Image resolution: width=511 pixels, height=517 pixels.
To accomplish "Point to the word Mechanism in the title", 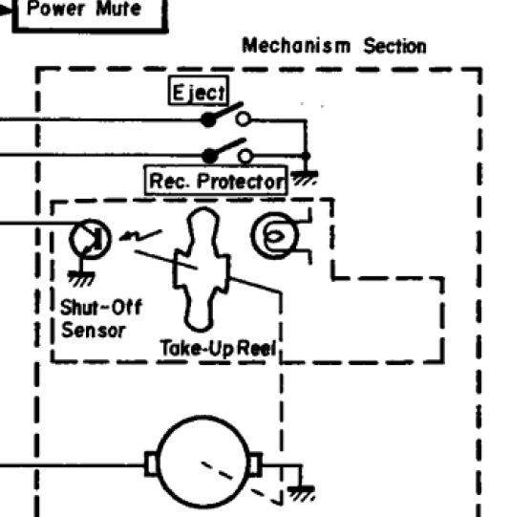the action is (x=296, y=46).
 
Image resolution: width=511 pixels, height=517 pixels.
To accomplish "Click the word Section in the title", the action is (x=394, y=46).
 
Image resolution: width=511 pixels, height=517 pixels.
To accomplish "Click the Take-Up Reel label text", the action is (x=218, y=348).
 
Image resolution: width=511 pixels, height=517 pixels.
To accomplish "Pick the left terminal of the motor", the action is (x=151, y=464).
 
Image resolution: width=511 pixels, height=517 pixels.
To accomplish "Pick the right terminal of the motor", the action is (x=255, y=464).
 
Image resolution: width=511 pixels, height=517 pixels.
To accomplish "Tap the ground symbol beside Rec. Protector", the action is (x=305, y=179).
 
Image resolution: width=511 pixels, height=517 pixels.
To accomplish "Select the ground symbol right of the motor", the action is (x=301, y=494).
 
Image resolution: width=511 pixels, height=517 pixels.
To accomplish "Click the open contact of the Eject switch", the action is (x=244, y=118).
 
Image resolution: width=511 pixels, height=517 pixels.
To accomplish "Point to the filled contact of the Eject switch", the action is (x=208, y=119).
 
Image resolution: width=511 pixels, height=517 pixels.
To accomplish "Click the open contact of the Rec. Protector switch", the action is (x=245, y=156).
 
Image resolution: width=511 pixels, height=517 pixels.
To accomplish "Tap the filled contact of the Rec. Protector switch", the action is (x=209, y=156).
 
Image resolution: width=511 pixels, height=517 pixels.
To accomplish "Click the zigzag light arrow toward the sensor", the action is (x=140, y=235).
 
